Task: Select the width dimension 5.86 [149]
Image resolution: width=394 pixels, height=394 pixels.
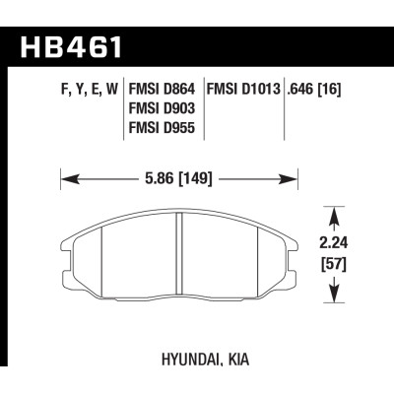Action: click(179, 180)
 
